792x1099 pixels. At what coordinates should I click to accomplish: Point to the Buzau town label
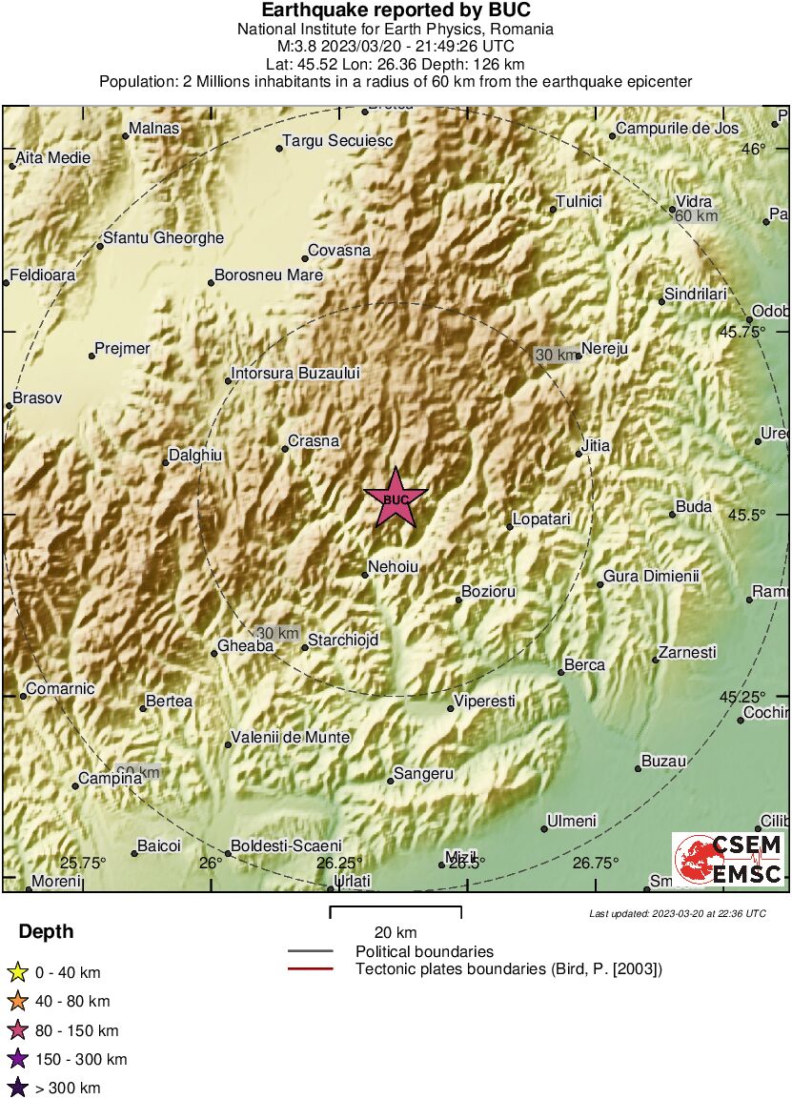[x=663, y=762]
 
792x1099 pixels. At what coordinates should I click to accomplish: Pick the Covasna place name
[x=338, y=251]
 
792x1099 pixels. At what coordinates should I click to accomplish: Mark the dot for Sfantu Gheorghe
[x=100, y=246]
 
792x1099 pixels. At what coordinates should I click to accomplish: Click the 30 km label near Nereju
[x=556, y=356]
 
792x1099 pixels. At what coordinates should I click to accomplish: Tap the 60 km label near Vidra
[x=696, y=216]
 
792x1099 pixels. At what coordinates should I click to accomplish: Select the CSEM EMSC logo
[x=729, y=860]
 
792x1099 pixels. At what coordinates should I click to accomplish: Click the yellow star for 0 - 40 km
[x=17, y=972]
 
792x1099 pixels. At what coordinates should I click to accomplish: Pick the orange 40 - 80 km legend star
[x=17, y=1001]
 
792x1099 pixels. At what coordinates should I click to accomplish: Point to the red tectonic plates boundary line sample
[x=310, y=969]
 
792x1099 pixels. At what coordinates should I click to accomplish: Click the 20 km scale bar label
[x=395, y=932]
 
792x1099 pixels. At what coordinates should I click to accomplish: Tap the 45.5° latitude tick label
[x=746, y=515]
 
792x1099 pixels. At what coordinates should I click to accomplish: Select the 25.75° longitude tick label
[x=83, y=864]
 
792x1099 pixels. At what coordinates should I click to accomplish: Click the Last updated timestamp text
[x=677, y=913]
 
